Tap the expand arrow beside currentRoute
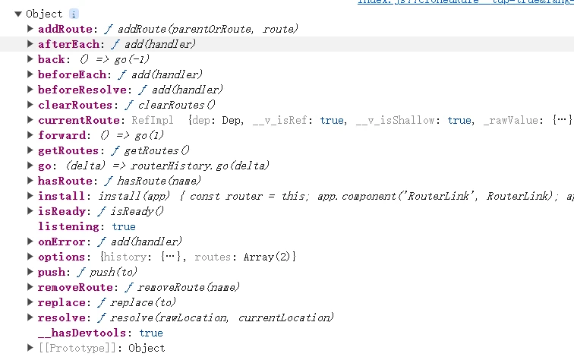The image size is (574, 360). (30, 120)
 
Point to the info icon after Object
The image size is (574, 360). (74, 14)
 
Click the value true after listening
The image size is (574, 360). (124, 226)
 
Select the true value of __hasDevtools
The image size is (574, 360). (151, 333)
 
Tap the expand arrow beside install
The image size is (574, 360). (30, 196)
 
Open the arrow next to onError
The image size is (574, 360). (30, 242)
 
